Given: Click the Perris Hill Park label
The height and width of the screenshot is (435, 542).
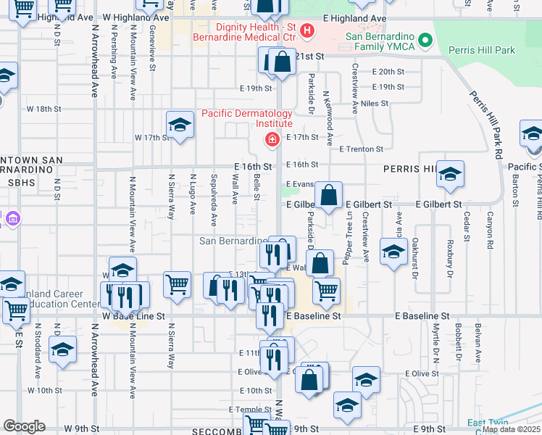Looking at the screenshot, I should [x=482, y=50].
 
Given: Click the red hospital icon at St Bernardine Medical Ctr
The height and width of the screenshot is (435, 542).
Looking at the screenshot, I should [x=307, y=30].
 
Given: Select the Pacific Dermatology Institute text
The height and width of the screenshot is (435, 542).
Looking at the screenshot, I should [x=246, y=118].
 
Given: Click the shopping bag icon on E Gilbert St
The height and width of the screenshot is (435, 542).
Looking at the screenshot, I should [x=329, y=195].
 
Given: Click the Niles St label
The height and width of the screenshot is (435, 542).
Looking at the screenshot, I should [x=375, y=104].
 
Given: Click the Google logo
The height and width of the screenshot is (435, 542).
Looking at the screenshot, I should [x=24, y=426].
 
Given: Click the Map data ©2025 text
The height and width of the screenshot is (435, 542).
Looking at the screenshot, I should [x=511, y=429].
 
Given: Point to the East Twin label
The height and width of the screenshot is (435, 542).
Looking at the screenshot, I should [x=487, y=423].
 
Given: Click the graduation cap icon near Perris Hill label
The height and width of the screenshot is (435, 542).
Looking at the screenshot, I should [x=449, y=174].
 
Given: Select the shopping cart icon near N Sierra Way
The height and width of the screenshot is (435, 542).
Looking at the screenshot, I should [x=177, y=285].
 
